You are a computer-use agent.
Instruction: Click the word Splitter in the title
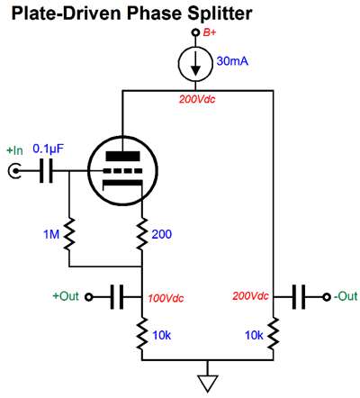coord(220,14)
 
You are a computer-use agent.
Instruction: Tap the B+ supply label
coord(210,32)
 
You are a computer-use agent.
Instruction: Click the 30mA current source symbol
coord(195,64)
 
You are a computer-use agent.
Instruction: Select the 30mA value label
coord(232,61)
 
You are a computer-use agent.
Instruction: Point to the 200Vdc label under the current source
coord(197,99)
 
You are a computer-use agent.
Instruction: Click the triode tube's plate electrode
coord(122,156)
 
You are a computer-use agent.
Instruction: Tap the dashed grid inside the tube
coord(122,171)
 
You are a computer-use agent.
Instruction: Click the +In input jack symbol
coord(14,171)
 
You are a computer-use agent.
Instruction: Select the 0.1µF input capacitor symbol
coord(46,171)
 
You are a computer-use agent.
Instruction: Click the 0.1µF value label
coord(48,149)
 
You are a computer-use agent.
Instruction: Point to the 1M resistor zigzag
coord(69,234)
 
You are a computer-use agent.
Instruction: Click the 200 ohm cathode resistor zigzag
coord(142,234)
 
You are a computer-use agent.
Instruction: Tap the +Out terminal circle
coord(88,297)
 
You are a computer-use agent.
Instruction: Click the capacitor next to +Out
coord(117,297)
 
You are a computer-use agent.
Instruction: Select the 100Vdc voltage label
coord(166,298)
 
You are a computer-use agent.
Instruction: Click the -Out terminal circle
coord(327,297)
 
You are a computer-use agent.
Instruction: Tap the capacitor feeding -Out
coord(299,297)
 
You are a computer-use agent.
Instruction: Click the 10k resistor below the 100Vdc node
coord(142,334)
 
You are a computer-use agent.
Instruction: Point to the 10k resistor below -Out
coord(274,334)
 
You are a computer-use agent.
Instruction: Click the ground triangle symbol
coord(208,384)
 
